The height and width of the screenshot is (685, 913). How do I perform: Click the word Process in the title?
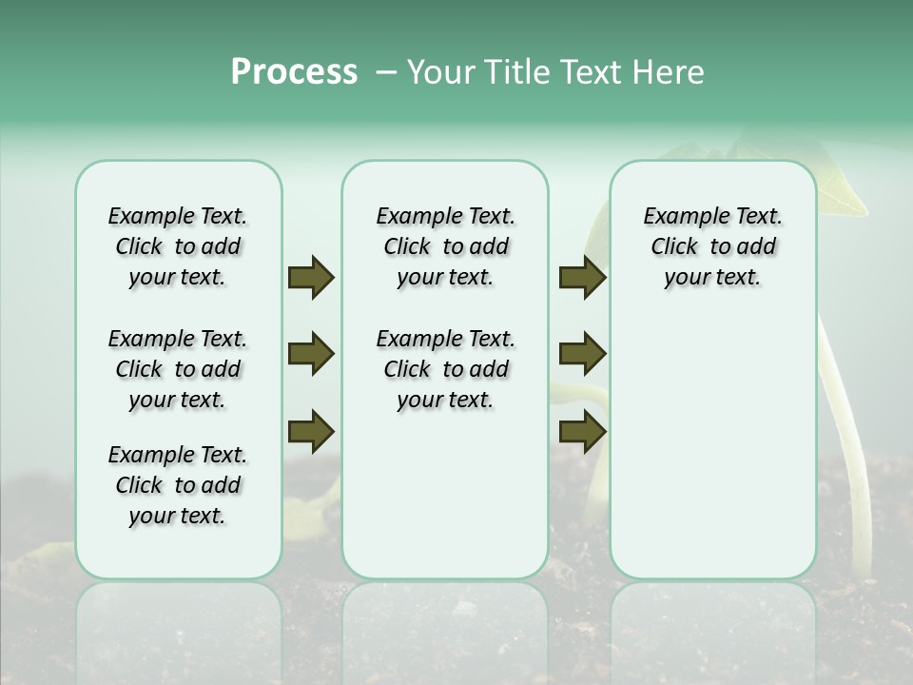294,72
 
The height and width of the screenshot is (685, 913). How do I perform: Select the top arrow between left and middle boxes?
311,277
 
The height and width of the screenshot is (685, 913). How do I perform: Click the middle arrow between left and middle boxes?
311,354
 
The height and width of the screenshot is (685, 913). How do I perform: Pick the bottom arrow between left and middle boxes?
311,431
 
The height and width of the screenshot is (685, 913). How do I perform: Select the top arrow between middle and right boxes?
582,277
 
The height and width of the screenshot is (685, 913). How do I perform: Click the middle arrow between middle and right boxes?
582,354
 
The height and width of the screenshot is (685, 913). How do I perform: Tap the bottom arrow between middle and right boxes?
582,431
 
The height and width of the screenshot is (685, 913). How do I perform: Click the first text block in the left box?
178,246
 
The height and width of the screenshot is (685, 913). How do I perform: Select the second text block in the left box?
178,369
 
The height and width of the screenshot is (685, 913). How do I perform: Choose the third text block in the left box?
178,485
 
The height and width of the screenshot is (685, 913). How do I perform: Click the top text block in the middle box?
445,246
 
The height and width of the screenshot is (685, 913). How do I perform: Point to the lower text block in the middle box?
445,369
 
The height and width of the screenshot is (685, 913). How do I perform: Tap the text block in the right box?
712,246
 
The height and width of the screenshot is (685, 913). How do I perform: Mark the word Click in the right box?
674,247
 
